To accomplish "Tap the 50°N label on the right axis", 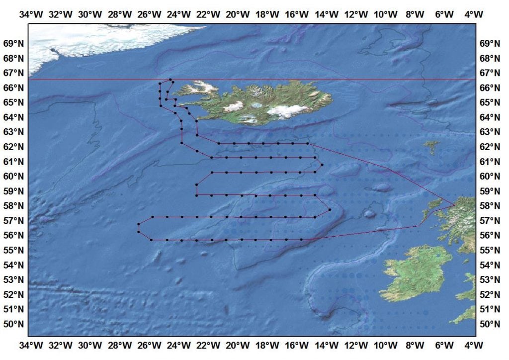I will click(490, 324).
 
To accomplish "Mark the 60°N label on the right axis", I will click(490, 176).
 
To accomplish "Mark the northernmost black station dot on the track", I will click(170, 80).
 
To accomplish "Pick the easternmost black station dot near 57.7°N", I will click(330, 209).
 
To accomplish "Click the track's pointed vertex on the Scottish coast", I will click(455, 204).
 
